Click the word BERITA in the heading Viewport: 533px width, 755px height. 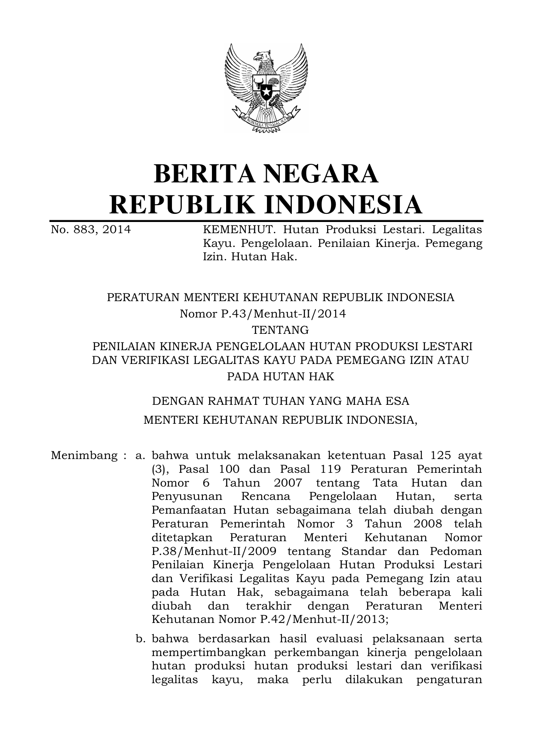(206, 174)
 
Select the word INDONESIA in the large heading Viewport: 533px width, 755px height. (343, 204)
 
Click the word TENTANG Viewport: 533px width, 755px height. (280, 330)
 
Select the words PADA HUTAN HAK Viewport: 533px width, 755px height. (280, 376)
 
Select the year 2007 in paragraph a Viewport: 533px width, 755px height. (288, 483)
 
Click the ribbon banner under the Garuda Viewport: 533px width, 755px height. (266, 119)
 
